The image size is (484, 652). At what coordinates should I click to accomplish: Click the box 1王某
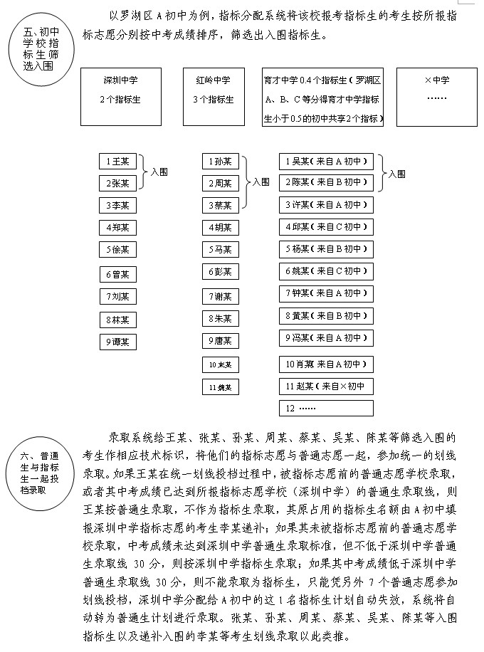pyautogui.click(x=117, y=162)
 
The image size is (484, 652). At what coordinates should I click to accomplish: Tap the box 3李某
pyautogui.click(x=117, y=206)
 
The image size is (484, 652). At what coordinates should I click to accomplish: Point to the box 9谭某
pyautogui.click(x=117, y=342)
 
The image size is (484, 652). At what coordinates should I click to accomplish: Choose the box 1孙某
pyautogui.click(x=220, y=162)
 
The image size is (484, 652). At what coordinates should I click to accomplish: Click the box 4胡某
pyautogui.click(x=220, y=228)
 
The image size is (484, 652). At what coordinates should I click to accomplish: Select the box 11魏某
pyautogui.click(x=220, y=387)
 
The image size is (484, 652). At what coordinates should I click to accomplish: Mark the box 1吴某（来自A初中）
pyautogui.click(x=326, y=162)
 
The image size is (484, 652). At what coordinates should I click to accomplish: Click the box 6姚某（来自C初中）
pyautogui.click(x=326, y=271)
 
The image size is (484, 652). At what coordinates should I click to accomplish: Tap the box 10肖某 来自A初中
pyautogui.click(x=326, y=364)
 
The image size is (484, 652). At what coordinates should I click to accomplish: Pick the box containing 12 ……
pyautogui.click(x=326, y=409)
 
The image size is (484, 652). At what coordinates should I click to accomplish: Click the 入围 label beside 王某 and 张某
pyautogui.click(x=159, y=172)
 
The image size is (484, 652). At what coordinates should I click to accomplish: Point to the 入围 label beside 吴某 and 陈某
pyautogui.click(x=396, y=173)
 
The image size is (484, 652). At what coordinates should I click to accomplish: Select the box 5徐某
pyautogui.click(x=117, y=250)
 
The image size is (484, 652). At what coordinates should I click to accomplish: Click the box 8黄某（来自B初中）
pyautogui.click(x=326, y=315)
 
